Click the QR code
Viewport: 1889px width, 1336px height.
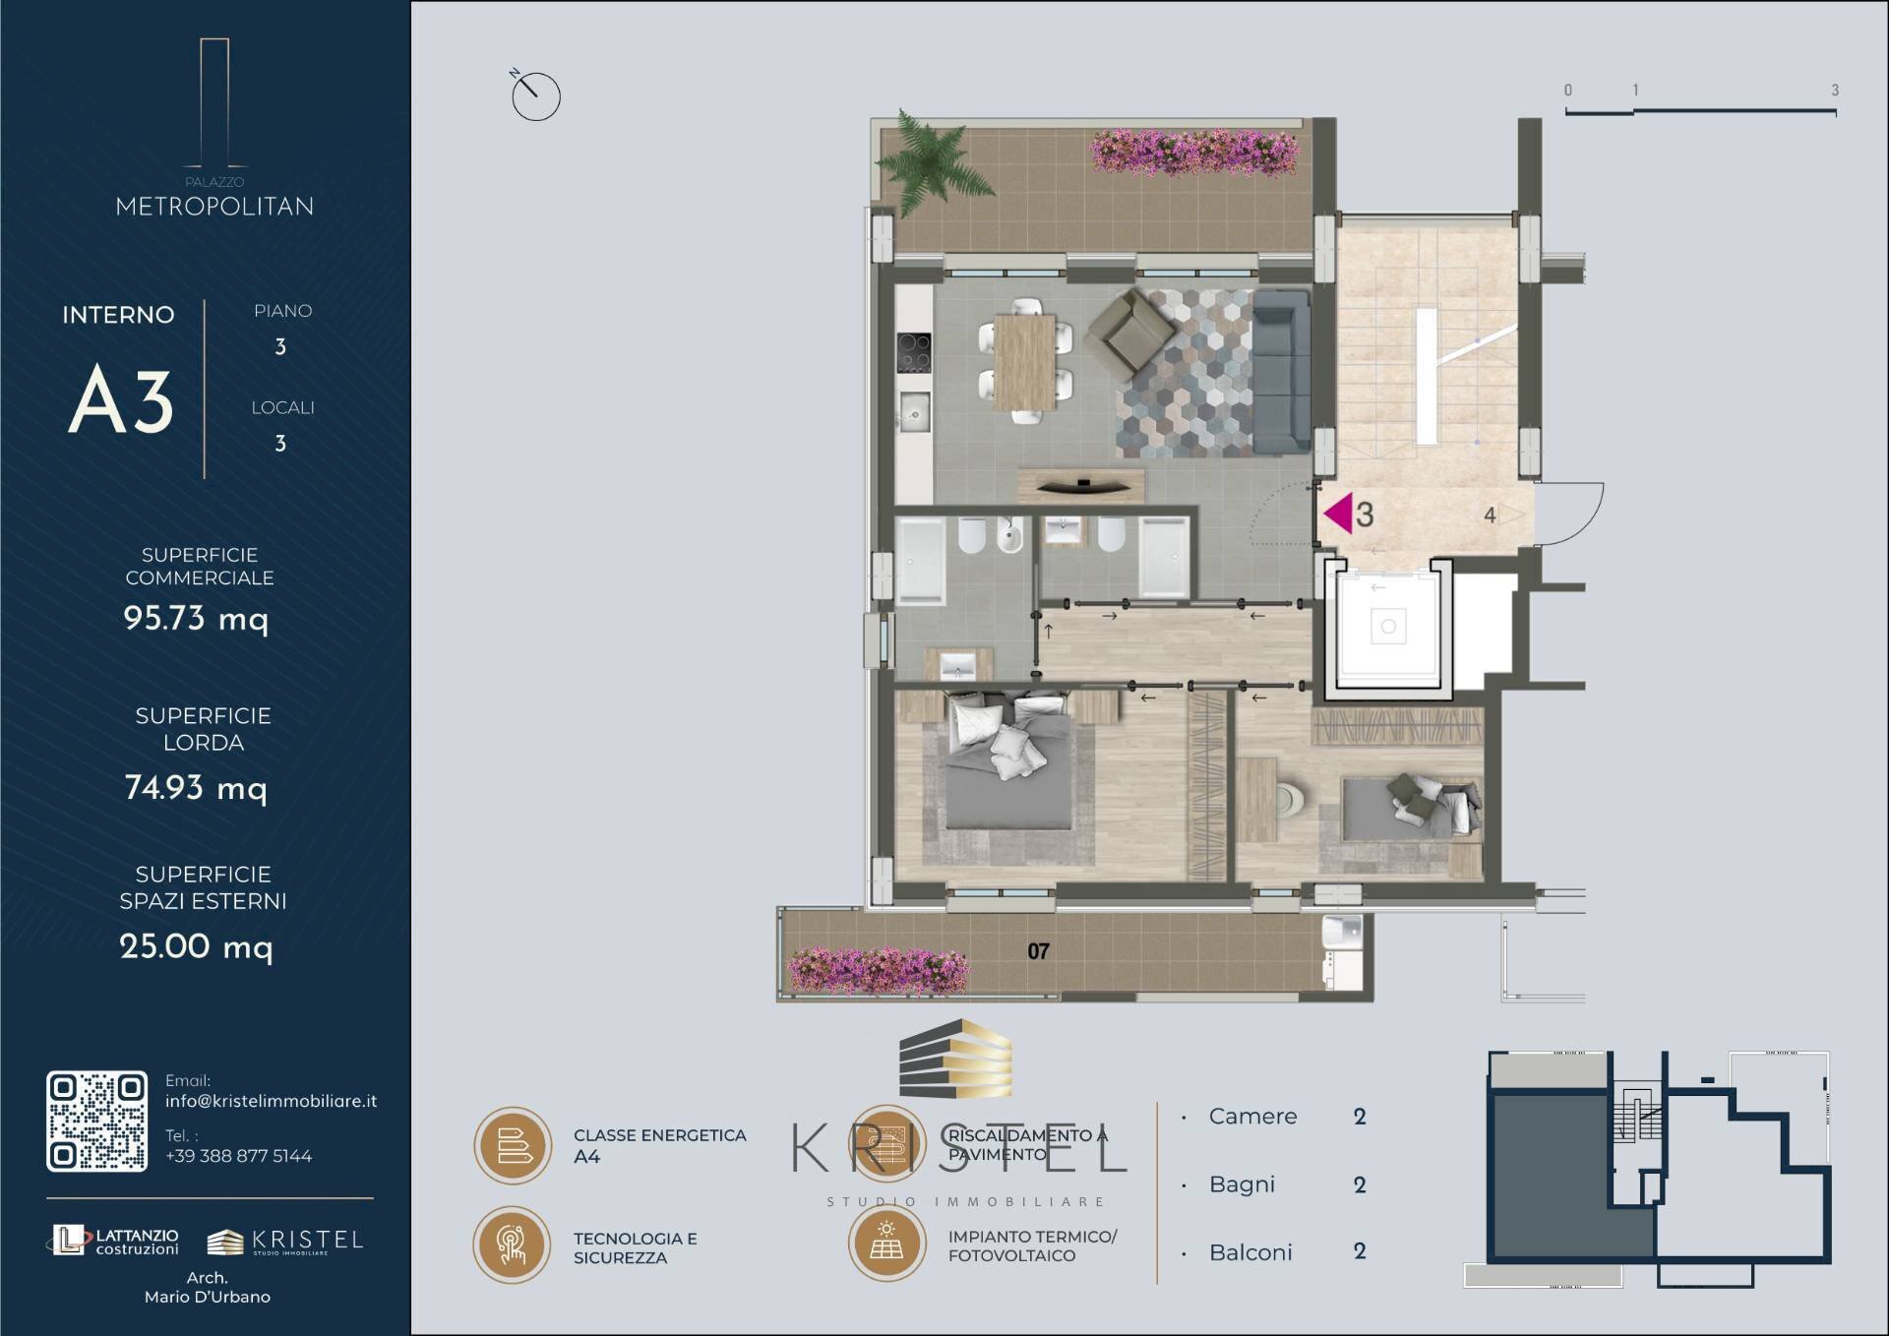(96, 1122)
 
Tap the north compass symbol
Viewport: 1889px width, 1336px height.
(535, 95)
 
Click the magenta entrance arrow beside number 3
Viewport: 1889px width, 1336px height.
(1338, 514)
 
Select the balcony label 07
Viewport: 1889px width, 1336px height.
(1038, 951)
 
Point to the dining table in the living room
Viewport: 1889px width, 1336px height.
(1024, 361)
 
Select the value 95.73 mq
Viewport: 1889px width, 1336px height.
(195, 618)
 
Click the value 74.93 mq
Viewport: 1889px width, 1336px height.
(195, 787)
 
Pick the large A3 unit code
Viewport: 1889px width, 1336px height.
(121, 400)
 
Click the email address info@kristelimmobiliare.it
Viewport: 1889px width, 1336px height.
(271, 1101)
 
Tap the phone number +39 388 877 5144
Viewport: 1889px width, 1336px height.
(238, 1156)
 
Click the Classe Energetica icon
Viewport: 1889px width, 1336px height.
(513, 1145)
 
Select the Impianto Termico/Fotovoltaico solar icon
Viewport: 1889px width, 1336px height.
(886, 1245)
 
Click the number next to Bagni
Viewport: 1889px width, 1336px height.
(1360, 1184)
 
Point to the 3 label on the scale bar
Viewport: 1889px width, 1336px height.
(1834, 91)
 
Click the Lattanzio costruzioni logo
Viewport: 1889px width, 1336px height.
(115, 1241)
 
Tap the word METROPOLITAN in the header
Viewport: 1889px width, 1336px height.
(214, 207)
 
